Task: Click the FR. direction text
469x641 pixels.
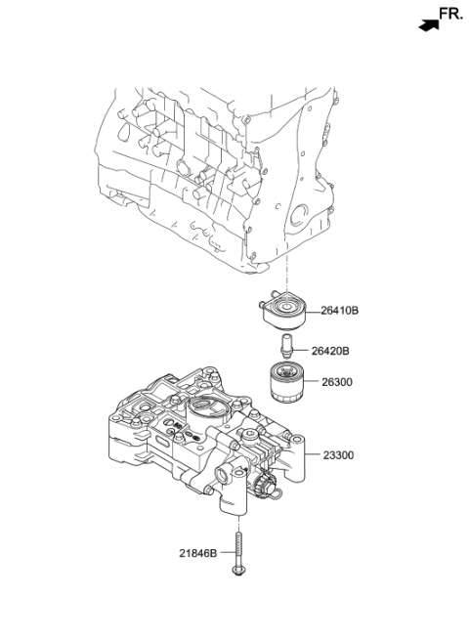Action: pyautogui.click(x=451, y=14)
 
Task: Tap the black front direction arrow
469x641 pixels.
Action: pyautogui.click(x=429, y=25)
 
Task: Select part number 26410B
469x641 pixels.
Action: pyautogui.click(x=339, y=311)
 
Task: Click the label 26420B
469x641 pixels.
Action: pyautogui.click(x=330, y=351)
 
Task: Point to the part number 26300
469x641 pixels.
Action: pyautogui.click(x=337, y=382)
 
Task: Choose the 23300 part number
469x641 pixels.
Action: pyautogui.click(x=339, y=455)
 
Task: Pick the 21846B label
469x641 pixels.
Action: pyautogui.click(x=198, y=553)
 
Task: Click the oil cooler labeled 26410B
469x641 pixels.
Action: pyautogui.click(x=283, y=311)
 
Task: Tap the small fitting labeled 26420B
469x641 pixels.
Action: pyautogui.click(x=286, y=346)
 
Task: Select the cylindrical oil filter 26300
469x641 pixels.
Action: pyautogui.click(x=287, y=383)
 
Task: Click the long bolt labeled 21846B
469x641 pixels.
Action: pyautogui.click(x=238, y=554)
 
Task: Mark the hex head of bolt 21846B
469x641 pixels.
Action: pyautogui.click(x=238, y=571)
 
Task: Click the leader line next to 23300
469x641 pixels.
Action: pyautogui.click(x=313, y=454)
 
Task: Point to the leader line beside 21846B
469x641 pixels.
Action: pyautogui.click(x=228, y=553)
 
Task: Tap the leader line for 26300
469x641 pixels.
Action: pyautogui.click(x=311, y=382)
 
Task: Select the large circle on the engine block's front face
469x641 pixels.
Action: pyautogui.click(x=299, y=216)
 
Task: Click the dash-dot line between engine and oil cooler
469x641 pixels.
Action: pyautogui.click(x=287, y=272)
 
